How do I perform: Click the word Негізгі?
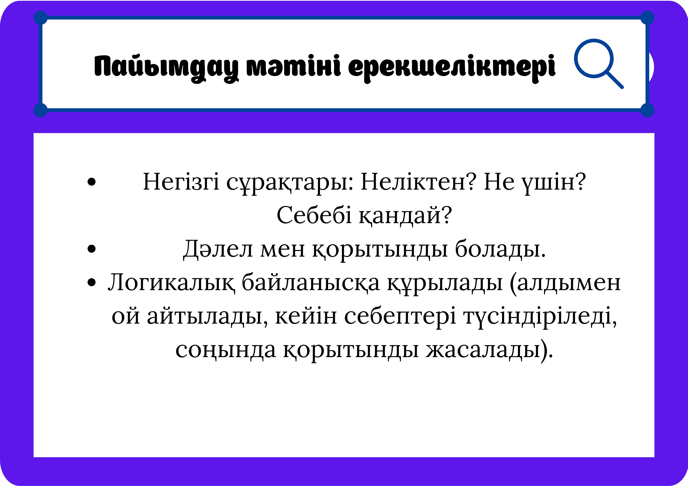pos(181,182)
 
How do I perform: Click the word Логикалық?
pos(171,283)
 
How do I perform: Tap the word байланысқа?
pos(310,283)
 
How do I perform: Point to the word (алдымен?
pos(565,283)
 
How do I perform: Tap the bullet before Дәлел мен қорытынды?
pos(91,249)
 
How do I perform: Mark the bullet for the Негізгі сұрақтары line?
pos(91,182)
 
